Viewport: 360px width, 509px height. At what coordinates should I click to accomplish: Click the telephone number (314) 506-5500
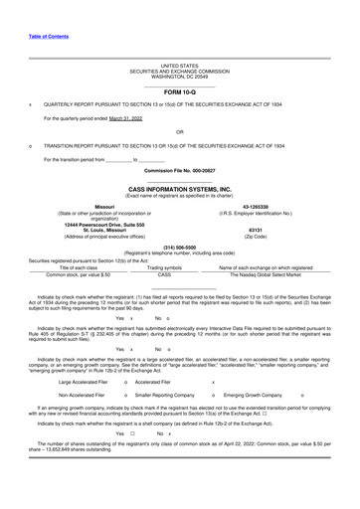pos(179,248)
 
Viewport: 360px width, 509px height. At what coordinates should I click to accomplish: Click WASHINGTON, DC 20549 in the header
pos(179,76)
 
